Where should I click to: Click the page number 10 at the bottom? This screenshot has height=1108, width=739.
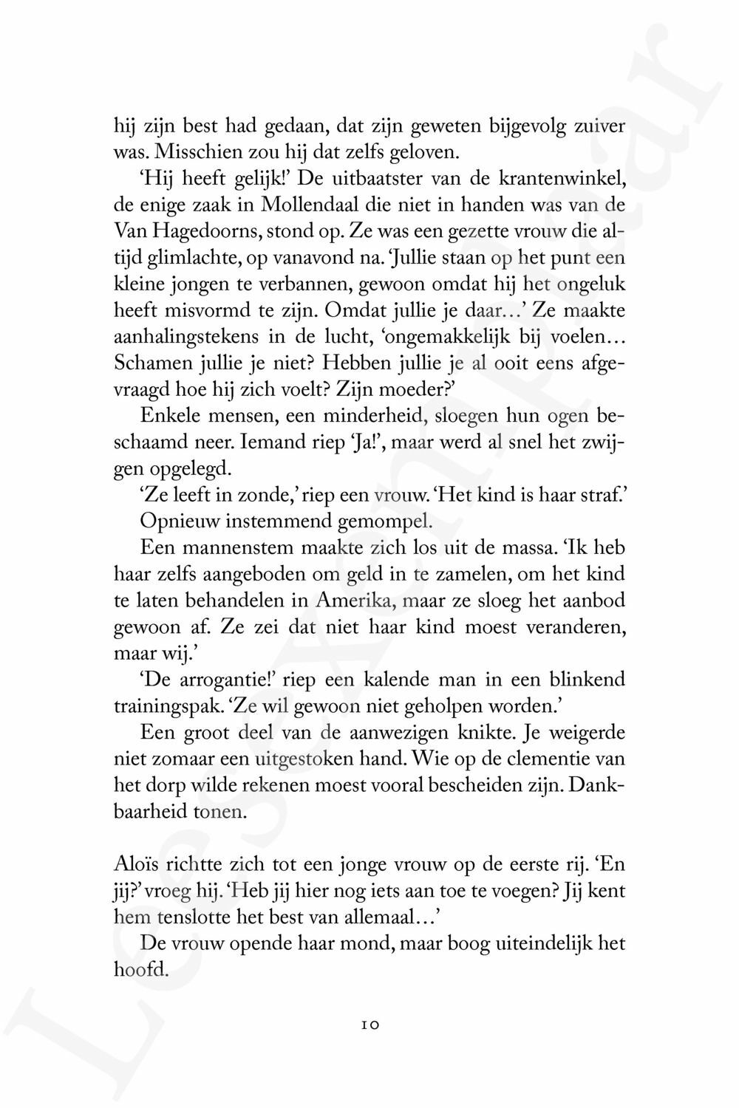pyautogui.click(x=370, y=1025)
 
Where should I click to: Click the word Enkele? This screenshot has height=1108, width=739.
pyautogui.click(x=171, y=416)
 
